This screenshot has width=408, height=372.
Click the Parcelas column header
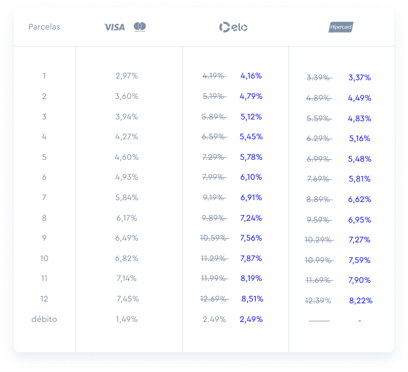[x=44, y=27]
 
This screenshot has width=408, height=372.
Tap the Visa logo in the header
[x=114, y=27]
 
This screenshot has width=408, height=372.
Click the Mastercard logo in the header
[x=140, y=27]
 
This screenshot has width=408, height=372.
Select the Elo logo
[x=233, y=27]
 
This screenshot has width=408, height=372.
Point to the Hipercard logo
[x=341, y=27]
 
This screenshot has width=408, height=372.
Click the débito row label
[x=44, y=319]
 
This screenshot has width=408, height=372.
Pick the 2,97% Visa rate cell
[x=127, y=76]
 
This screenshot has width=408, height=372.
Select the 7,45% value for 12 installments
[x=128, y=299]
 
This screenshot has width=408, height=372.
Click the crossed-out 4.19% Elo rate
[x=214, y=76]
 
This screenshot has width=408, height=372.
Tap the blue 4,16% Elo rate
[x=251, y=76]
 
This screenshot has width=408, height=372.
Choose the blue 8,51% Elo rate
[x=252, y=299]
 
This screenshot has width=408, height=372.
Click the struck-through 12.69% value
[x=214, y=299]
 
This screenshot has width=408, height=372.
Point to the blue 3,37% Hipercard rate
[x=359, y=78]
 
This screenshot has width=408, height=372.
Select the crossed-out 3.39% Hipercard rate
[x=318, y=78]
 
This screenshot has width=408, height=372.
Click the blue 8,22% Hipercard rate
[x=360, y=301]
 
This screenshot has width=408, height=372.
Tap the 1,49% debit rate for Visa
[x=127, y=319]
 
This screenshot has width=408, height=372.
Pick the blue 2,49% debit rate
[x=251, y=319]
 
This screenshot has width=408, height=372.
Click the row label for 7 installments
[x=44, y=198]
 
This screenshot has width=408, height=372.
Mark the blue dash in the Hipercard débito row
[x=360, y=321]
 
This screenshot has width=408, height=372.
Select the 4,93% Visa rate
[x=127, y=177]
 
